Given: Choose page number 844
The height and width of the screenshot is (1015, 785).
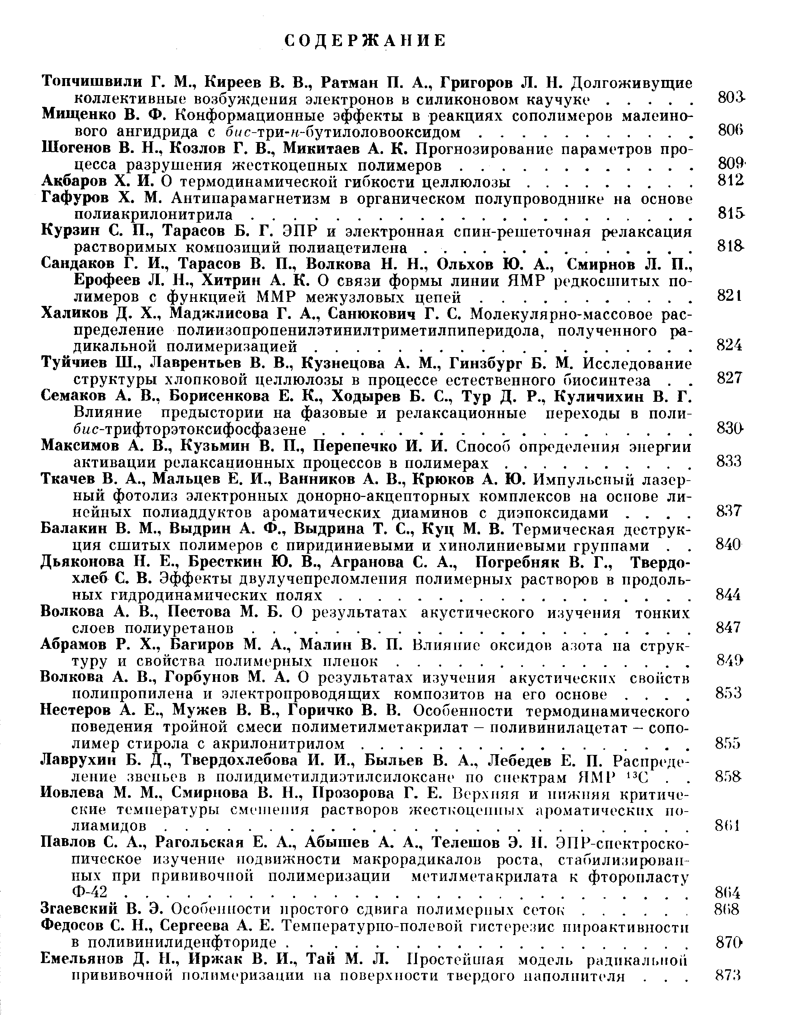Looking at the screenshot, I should point(728,595).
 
